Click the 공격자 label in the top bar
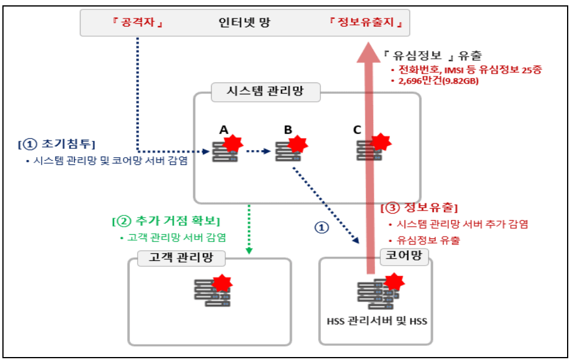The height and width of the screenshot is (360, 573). tap(136, 24)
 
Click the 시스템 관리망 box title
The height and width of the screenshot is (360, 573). tap(265, 92)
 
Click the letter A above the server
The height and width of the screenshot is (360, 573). tap(224, 129)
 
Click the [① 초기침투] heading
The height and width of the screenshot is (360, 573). tap(57, 144)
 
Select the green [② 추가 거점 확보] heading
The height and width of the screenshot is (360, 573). tap(166, 221)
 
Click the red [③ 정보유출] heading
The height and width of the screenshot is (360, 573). tap(419, 208)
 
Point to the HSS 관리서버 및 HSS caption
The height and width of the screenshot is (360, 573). tap(377, 322)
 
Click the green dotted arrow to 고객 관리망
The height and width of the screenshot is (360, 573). tap(249, 229)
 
